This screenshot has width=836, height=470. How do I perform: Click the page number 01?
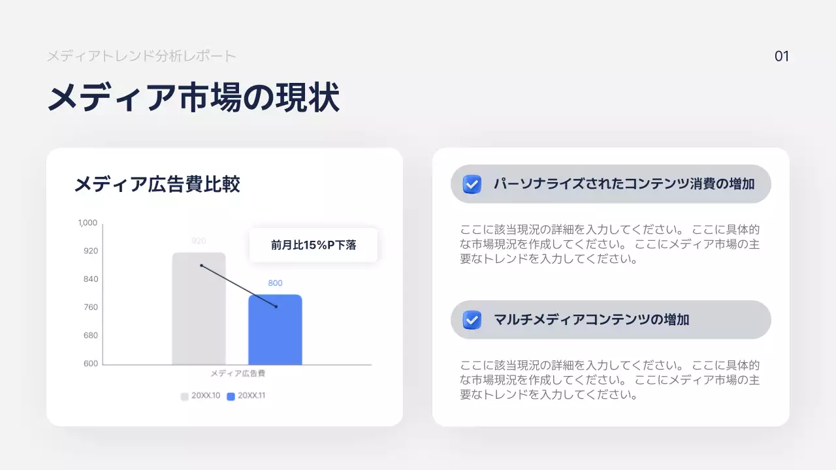coord(782,57)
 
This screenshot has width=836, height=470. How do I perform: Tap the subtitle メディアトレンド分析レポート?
coord(141,56)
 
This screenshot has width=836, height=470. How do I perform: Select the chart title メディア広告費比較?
coord(157,184)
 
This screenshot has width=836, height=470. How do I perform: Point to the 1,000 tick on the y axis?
coord(88,223)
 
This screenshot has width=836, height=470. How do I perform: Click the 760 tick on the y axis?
coord(90,307)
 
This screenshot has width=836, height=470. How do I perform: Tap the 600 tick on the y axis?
coord(90,364)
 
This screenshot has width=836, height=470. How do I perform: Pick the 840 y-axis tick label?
coord(90,279)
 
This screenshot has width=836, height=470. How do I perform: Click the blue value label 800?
coord(275,283)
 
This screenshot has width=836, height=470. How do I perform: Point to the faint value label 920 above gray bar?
coord(199,241)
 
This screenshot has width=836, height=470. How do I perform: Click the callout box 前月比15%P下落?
coord(313,245)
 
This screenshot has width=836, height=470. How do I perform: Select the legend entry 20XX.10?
coord(201,396)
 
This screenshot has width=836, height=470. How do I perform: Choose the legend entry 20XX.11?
coord(247,396)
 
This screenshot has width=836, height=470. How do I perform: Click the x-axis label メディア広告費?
coord(237,374)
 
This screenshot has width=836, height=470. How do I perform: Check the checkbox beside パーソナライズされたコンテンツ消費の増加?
coord(472,185)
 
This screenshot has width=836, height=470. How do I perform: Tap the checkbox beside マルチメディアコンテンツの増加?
coord(472,320)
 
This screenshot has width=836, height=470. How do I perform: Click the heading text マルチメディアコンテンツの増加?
coord(591,320)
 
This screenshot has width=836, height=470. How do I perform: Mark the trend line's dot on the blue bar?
coord(276,306)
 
